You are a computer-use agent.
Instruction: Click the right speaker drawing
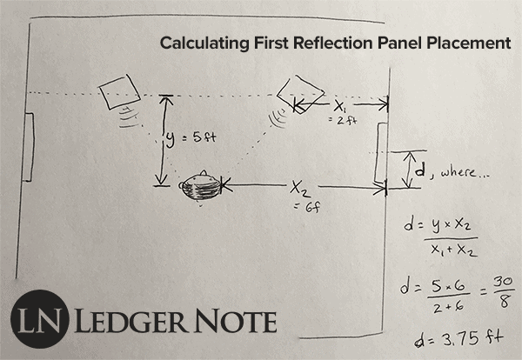300,93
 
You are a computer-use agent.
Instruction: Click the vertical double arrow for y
159,141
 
